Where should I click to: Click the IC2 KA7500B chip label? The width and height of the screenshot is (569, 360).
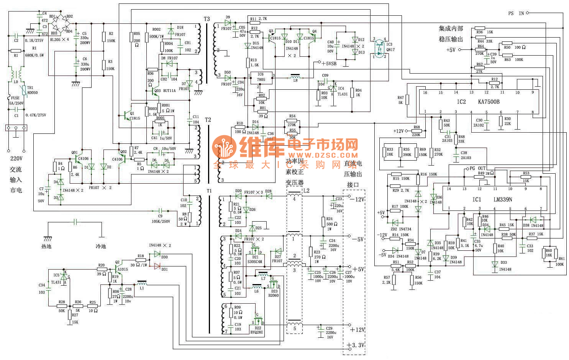478,102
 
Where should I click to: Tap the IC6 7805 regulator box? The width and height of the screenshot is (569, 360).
261,78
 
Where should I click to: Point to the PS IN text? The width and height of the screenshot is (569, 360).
516,13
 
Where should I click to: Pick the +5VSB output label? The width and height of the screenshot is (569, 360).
329,64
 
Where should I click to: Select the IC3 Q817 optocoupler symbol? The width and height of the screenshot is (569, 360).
379,48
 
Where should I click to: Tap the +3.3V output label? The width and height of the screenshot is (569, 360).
356,345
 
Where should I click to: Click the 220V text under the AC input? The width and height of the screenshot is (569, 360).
16,158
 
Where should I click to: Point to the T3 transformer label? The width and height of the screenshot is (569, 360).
207,19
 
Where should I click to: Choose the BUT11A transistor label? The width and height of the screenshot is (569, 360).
169,91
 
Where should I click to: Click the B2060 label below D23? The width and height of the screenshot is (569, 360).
273,296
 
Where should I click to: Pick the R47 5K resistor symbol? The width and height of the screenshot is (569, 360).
407,100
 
